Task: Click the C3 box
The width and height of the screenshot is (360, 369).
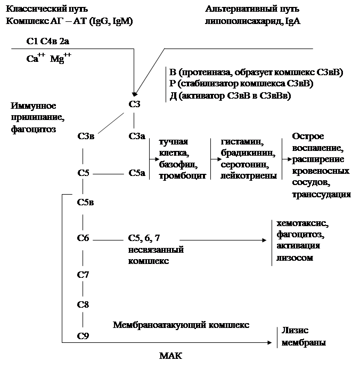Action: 135,105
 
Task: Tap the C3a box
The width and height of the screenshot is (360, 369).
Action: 136,137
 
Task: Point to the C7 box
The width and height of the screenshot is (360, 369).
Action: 83,276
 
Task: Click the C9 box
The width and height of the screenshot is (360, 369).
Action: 83,335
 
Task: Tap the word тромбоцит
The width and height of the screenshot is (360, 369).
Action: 178,175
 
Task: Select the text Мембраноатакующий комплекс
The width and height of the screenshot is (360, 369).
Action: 180,325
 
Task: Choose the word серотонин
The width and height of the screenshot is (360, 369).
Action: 241,164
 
